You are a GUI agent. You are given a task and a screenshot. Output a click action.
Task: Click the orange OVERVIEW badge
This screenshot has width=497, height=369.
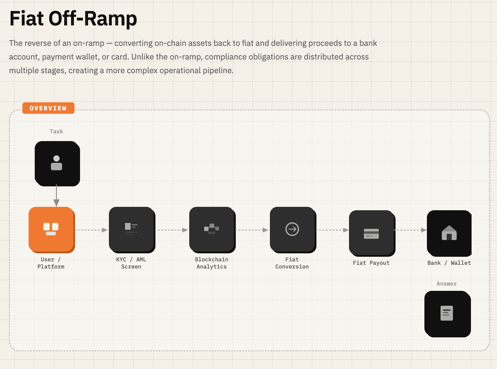[48, 108]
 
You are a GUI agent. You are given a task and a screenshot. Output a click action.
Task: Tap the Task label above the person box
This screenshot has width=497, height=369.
[56, 131]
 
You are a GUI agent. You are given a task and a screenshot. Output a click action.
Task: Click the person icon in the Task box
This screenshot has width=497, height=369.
[56, 163]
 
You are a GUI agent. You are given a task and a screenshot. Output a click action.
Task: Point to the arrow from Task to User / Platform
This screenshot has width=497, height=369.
[56, 195]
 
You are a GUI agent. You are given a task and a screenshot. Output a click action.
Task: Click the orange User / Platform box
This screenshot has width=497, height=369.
[52, 230]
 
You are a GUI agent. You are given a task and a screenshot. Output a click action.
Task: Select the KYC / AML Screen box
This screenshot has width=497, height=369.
[132, 230]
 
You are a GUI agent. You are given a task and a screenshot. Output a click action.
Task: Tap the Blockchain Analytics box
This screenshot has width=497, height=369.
[213, 230]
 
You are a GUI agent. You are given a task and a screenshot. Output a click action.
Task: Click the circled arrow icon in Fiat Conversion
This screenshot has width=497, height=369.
[292, 229]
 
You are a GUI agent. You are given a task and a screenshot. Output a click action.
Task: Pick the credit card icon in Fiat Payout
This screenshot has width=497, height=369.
[371, 234]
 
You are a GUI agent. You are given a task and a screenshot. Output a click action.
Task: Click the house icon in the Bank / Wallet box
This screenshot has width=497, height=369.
[449, 233]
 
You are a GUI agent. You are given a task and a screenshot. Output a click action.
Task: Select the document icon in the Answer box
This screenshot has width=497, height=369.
[446, 313]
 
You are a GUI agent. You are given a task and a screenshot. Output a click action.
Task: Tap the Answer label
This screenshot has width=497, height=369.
[446, 284]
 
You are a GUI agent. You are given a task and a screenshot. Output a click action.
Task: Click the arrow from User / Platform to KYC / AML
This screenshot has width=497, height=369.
[91, 230]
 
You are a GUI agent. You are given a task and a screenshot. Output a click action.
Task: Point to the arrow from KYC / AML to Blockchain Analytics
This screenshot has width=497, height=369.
[172, 230]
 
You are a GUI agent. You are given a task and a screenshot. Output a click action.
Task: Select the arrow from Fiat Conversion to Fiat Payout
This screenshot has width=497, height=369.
[333, 230]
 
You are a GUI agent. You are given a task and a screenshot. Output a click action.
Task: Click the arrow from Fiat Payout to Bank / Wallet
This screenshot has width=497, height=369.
[410, 230]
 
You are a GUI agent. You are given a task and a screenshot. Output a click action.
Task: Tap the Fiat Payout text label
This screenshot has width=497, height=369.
[371, 263]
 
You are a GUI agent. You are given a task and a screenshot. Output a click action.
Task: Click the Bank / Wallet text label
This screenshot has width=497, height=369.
[449, 263]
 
